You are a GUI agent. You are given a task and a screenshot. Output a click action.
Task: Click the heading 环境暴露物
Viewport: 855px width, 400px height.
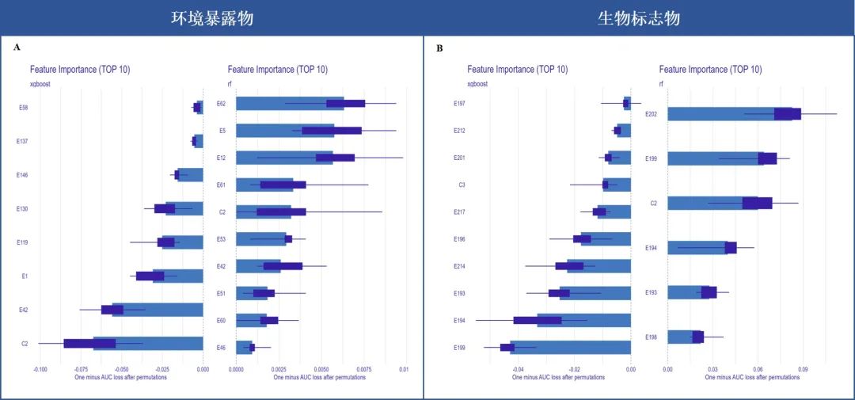[x=213, y=17]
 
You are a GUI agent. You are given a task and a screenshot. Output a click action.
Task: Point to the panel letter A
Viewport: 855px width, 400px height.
[x=17, y=48]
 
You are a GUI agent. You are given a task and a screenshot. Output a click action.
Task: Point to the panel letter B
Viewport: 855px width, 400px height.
[x=440, y=48]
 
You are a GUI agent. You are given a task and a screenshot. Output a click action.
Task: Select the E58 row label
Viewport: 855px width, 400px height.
[x=24, y=107]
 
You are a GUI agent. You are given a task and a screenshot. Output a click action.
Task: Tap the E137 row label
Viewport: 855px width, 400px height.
[x=23, y=141]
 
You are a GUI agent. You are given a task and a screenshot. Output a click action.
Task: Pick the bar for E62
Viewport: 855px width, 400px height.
[x=290, y=103]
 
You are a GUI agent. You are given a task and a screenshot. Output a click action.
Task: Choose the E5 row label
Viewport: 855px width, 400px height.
[x=222, y=130]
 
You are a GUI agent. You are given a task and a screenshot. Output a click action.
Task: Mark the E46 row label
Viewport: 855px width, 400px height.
[x=221, y=348]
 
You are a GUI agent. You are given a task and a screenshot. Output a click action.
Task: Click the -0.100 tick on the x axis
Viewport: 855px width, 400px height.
[x=40, y=369]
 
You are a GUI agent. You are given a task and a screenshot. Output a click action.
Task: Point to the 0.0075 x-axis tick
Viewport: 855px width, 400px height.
[x=363, y=369]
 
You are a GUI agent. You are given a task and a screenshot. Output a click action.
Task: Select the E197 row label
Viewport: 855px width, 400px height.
[x=459, y=103]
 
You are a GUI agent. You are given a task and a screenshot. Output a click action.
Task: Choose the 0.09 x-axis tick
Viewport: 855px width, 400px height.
[x=803, y=369]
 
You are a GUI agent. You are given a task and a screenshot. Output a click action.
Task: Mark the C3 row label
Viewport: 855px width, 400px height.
[x=462, y=185]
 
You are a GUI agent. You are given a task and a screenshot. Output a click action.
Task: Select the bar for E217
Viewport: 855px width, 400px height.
[x=614, y=211]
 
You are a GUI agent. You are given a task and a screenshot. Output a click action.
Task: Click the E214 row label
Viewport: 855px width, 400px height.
[x=459, y=266]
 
